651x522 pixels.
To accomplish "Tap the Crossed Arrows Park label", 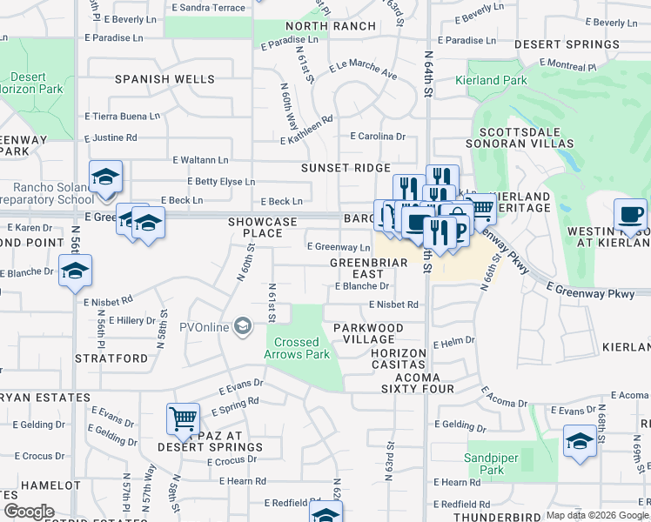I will pyautogui.click(x=297, y=348).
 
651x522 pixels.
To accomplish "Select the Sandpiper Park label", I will pyautogui.click(x=484, y=464).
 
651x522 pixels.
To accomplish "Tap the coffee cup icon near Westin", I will pyautogui.click(x=629, y=214).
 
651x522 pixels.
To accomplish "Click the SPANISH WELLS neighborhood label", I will pyautogui.click(x=165, y=79).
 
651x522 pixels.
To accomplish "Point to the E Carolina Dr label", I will pyautogui.click(x=378, y=137).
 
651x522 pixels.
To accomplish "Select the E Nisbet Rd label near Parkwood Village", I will pyautogui.click(x=393, y=304).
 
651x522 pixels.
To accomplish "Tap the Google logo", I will pyautogui.click(x=30, y=512).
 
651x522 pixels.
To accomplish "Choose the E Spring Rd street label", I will pyautogui.click(x=235, y=407).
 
